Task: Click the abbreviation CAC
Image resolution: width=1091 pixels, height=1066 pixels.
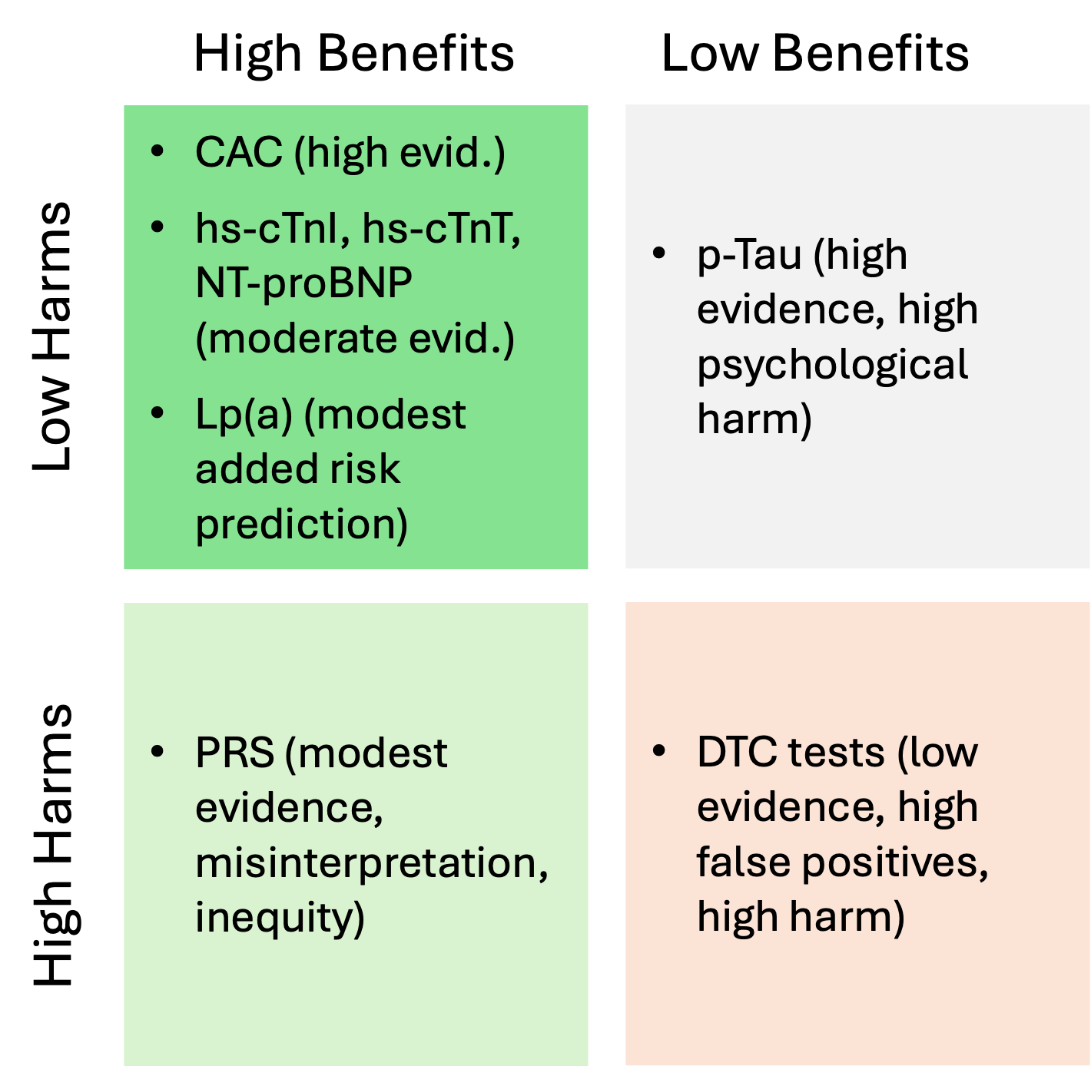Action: coord(238,152)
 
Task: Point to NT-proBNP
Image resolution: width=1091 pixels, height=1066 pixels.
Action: coord(303,283)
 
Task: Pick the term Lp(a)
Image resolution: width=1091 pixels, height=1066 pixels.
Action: coord(244,415)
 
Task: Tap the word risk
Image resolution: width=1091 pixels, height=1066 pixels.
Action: coord(366,469)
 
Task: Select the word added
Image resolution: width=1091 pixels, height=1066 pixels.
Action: coord(254,469)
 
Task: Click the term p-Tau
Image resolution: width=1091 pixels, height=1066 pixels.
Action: coord(749,255)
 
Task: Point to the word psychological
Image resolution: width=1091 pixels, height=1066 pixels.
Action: coord(832,365)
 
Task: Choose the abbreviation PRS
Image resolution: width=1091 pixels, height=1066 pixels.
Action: coord(234,753)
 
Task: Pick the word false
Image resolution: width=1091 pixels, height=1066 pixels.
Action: coord(743,862)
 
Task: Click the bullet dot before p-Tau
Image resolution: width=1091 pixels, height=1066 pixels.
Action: coord(658,253)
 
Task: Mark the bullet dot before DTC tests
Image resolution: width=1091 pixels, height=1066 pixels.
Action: coord(658,751)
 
